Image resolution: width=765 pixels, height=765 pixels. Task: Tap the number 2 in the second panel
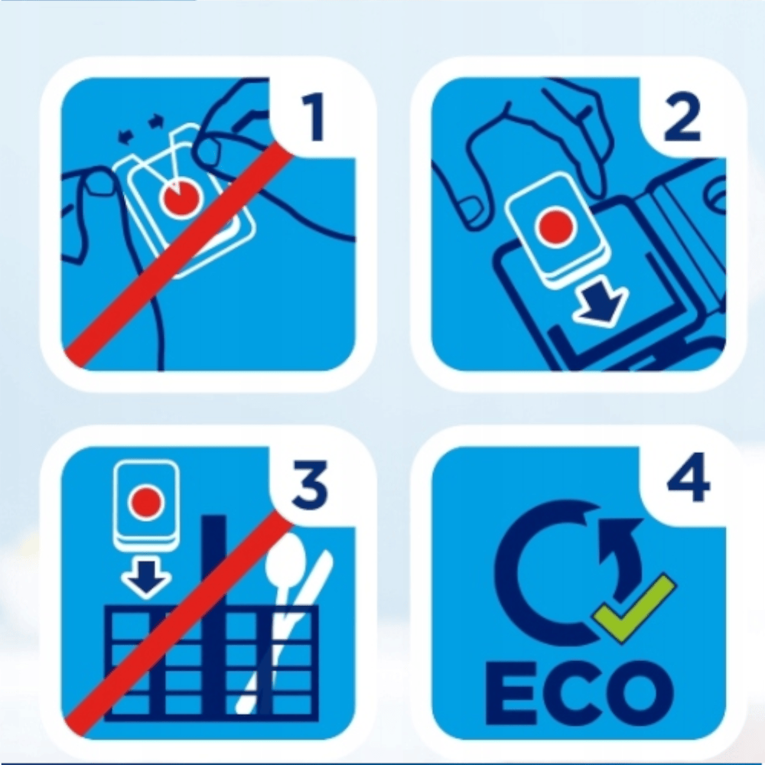[x=682, y=118]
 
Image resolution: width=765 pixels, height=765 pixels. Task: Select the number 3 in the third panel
[x=310, y=486]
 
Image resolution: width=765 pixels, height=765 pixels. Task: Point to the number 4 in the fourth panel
[x=688, y=477]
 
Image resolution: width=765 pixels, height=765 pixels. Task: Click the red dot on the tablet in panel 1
[x=181, y=197]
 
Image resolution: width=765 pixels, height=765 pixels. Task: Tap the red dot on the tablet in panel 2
[x=555, y=226]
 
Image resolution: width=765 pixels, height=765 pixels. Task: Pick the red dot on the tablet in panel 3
[x=146, y=502]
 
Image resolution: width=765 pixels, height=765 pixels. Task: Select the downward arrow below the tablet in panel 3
[x=146, y=578]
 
